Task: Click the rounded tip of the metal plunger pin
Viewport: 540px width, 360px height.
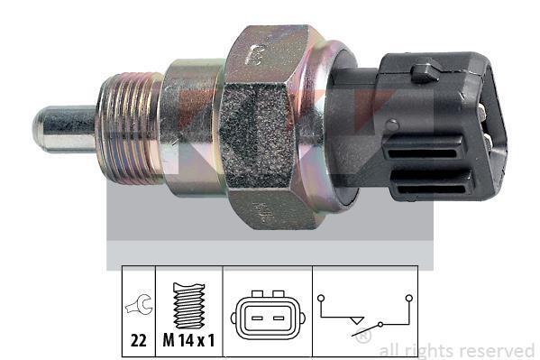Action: point(37,129)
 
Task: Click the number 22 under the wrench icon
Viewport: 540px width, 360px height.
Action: point(139,341)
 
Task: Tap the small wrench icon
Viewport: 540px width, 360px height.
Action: point(139,303)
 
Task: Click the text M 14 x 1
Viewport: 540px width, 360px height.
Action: point(188,341)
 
